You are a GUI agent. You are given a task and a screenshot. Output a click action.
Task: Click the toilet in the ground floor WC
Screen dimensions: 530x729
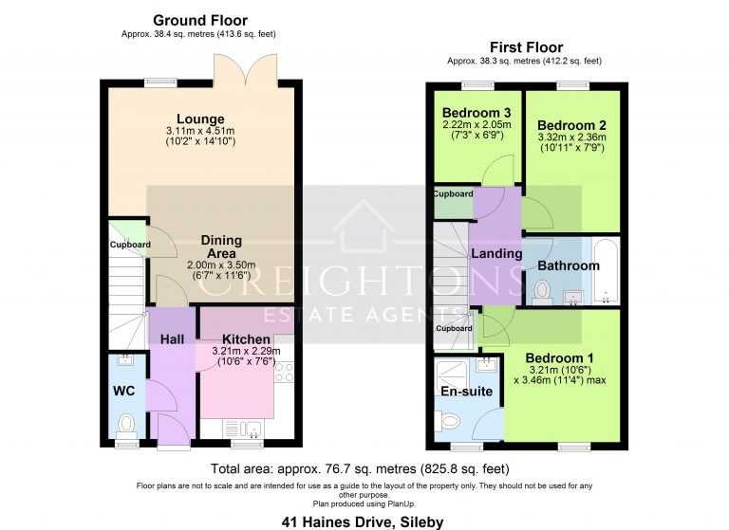pos(126,422)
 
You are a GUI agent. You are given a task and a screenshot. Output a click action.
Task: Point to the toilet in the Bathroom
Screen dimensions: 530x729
pos(543,290)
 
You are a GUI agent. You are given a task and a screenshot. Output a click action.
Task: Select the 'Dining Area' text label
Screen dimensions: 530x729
pos(221,247)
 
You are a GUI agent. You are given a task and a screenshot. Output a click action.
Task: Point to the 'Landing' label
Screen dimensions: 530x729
pos(496,253)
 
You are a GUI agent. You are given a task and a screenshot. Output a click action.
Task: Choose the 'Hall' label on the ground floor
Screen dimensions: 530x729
pos(172,338)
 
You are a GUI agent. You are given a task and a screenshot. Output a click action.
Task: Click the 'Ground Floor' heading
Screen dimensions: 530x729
pos(199,20)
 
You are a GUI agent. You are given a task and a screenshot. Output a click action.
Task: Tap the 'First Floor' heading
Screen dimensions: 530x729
pos(526,47)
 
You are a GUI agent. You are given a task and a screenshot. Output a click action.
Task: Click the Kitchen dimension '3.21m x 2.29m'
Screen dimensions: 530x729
pos(247,351)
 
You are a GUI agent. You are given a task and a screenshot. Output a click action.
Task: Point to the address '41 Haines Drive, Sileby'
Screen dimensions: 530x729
pos(364,521)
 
